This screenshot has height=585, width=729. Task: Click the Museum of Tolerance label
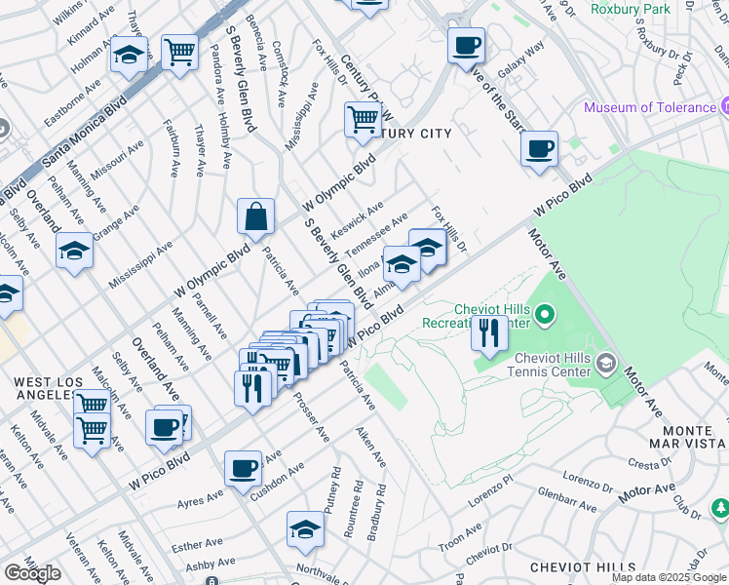[650, 107]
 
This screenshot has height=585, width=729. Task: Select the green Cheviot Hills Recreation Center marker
[546, 315]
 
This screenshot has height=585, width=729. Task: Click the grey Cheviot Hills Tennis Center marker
[606, 365]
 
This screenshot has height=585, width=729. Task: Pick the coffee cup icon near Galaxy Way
[466, 45]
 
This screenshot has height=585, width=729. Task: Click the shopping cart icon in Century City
[363, 120]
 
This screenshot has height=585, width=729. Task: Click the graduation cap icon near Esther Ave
[305, 530]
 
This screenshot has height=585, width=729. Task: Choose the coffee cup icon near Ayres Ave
[243, 468]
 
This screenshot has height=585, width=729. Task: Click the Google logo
[32, 573]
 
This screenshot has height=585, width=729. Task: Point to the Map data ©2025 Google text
[669, 577]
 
